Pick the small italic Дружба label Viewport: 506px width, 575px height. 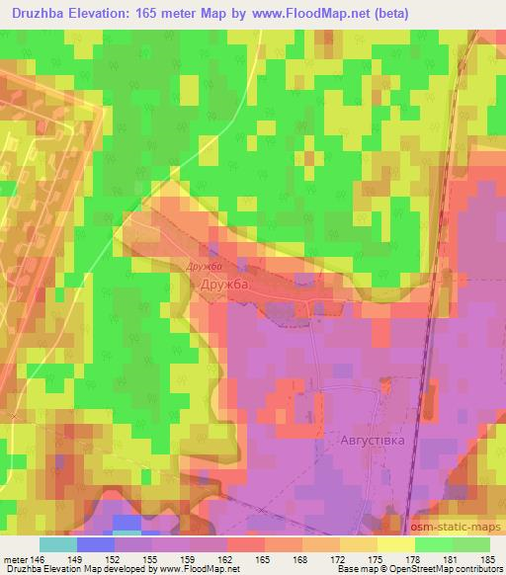coord(201,266)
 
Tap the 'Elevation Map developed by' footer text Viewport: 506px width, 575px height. coord(99,570)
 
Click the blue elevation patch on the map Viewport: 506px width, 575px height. coord(126,523)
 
